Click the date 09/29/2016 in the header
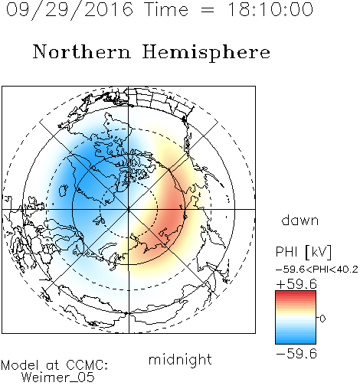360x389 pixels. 69,10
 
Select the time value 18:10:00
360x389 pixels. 270,9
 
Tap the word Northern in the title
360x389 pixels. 82,51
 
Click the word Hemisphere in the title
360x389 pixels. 206,53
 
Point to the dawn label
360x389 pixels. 300,220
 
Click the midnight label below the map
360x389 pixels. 180,359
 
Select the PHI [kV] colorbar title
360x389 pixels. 303,252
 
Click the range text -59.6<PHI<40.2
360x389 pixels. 317,270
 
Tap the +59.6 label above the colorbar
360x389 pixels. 296,284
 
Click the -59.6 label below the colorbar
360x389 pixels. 296,354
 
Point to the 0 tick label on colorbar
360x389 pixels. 322,319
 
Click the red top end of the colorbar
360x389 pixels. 296,293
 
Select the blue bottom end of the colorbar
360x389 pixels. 296,342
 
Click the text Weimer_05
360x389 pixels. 58,378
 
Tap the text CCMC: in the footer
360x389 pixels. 87,365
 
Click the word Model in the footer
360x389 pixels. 20,365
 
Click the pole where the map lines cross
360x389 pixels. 129,209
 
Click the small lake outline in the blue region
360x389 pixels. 63,191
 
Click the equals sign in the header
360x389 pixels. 208,10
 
